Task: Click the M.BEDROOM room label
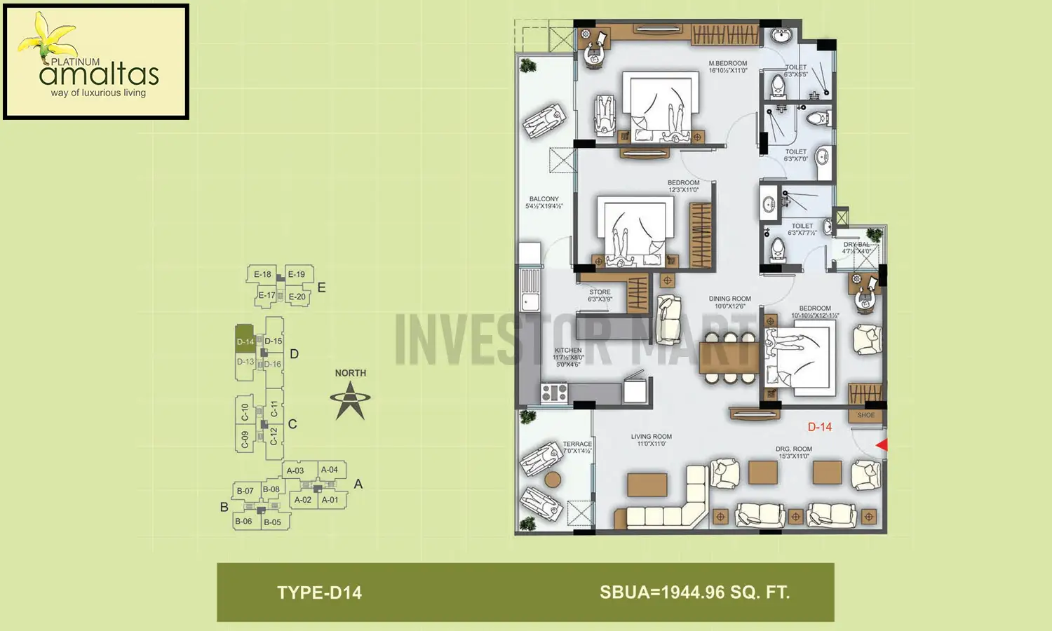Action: tap(728, 64)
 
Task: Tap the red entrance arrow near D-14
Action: tap(882, 445)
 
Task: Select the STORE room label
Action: tap(600, 292)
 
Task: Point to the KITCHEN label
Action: tap(568, 351)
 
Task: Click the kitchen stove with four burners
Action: tap(554, 393)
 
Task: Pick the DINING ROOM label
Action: tap(729, 299)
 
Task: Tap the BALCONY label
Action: tap(544, 199)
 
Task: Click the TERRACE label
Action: tap(577, 444)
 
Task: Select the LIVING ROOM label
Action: tap(651, 437)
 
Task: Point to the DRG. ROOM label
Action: tap(794, 449)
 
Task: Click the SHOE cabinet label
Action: tap(866, 415)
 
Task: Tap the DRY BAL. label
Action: tap(856, 245)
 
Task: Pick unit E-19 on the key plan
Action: tap(297, 274)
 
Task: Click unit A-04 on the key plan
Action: tap(330, 470)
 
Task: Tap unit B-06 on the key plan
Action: tap(243, 521)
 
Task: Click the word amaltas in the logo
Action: tap(99, 74)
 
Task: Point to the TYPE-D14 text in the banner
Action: tap(319, 593)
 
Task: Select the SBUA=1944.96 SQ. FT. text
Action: tap(694, 592)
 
